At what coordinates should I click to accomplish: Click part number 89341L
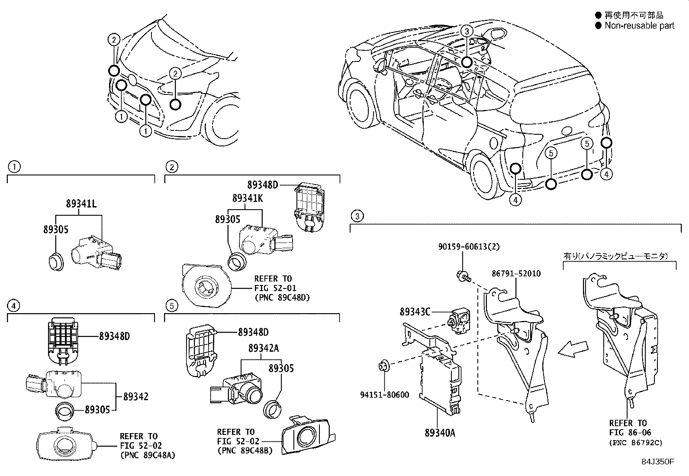coord(81,203)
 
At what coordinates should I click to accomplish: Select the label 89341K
coord(247,198)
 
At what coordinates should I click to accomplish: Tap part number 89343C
coord(415,311)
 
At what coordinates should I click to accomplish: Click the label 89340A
coord(440,432)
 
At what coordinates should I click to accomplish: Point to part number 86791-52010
coord(516,274)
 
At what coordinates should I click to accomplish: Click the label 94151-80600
coord(384,395)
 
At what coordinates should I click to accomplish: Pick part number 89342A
coord(263,348)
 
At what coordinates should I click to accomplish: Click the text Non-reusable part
coord(639,26)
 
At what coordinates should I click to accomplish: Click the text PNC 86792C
coord(635,443)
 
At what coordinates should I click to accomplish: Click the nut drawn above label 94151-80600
coord(383,366)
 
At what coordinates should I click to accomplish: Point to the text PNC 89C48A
coord(148,455)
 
